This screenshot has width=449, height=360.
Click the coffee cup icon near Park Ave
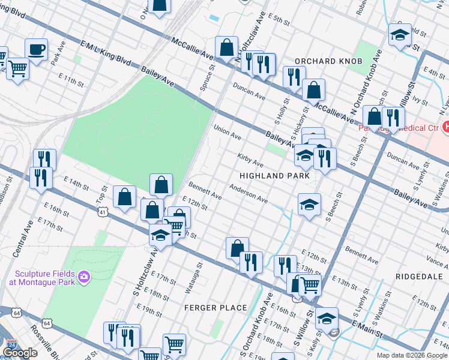click(36, 49)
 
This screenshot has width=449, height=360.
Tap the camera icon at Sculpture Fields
click(84, 276)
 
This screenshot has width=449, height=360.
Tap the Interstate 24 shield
click(11, 346)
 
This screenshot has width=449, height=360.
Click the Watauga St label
click(199, 269)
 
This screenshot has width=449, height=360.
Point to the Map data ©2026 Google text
click(412, 355)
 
